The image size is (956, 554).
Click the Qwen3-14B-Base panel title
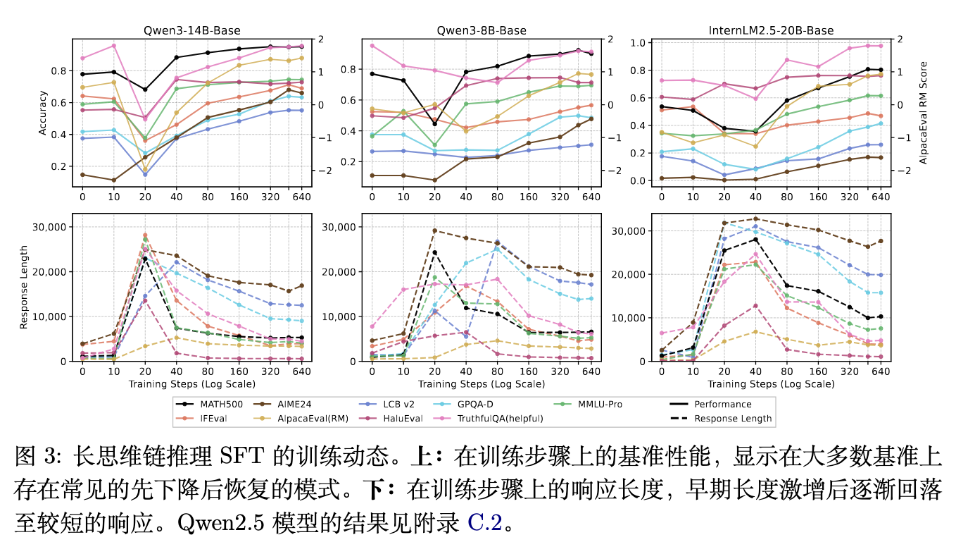coord(191,30)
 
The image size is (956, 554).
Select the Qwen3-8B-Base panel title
coord(481,30)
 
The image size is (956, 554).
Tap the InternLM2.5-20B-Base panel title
coord(771,30)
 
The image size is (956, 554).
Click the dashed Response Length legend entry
coord(732,418)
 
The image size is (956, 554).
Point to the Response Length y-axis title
coord(23,288)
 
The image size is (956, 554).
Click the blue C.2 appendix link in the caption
coord(486,523)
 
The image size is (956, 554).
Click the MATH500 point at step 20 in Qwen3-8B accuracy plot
coord(435,124)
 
